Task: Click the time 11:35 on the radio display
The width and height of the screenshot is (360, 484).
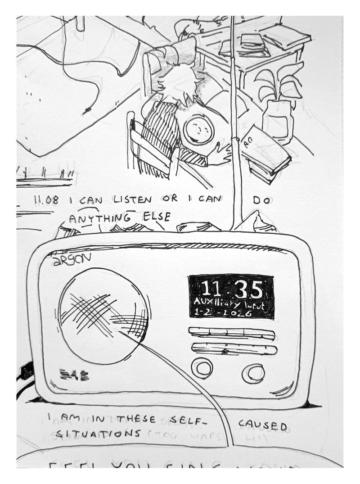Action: pos(231,289)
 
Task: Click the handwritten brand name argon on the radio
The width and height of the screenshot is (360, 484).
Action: pos(72,259)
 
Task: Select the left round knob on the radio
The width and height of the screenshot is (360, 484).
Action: pos(202,368)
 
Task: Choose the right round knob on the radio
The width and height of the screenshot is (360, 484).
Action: pos(253,373)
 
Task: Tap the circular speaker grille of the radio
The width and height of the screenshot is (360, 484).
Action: pos(104,316)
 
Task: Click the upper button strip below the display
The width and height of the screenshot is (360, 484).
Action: pos(231,333)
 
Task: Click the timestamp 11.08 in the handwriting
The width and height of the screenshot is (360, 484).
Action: pos(46,200)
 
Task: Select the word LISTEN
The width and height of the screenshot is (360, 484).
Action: pos(132,199)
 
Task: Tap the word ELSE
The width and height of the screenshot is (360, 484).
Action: pos(156,217)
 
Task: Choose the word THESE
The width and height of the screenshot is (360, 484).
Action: pos(136,419)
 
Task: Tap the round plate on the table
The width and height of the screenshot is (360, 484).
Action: pos(198,129)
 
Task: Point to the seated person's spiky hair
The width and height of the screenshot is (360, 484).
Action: pos(179,83)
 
